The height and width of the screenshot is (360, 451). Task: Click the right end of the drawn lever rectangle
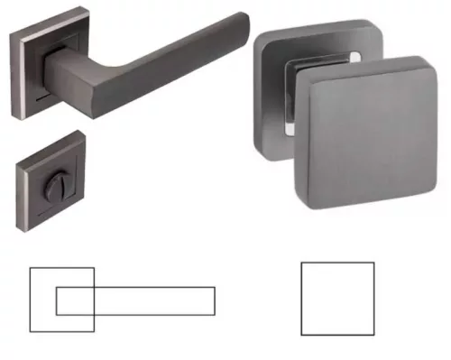(x=215, y=300)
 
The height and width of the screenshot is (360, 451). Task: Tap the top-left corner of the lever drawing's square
(x=30, y=268)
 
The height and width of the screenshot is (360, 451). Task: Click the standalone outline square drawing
(x=337, y=299)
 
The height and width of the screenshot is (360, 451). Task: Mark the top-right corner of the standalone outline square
(x=373, y=263)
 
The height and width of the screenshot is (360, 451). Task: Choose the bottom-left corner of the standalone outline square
(x=301, y=335)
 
